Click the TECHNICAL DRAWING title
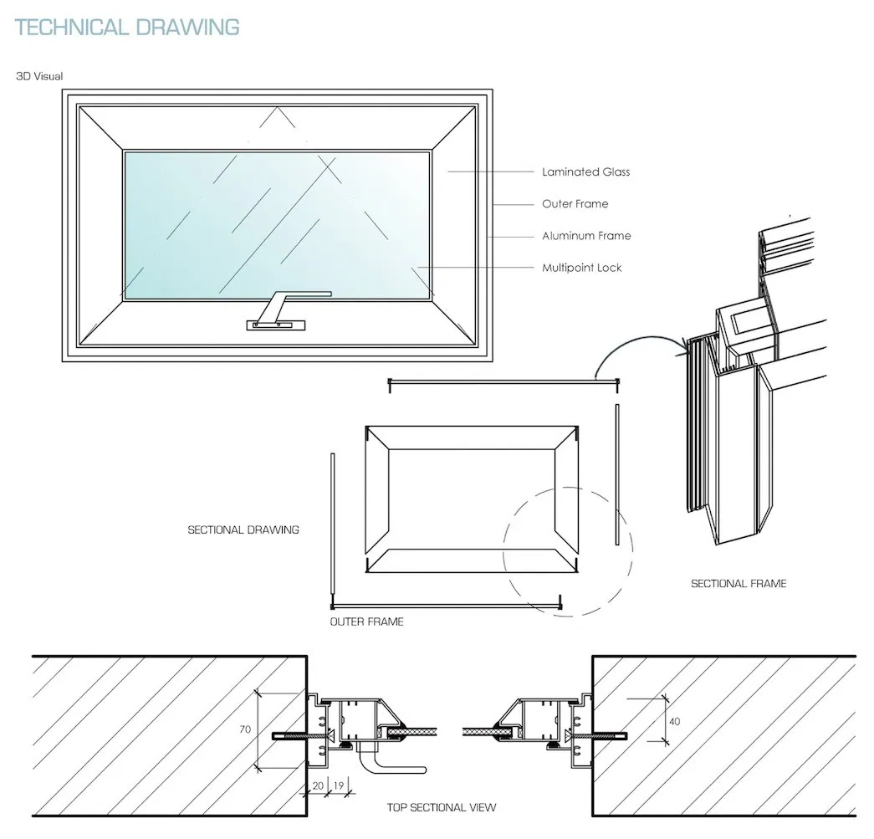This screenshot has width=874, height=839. [x=128, y=27]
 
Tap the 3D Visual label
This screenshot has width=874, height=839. [x=39, y=76]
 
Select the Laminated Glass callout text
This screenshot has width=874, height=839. [x=585, y=172]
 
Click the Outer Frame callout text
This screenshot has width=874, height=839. [x=575, y=204]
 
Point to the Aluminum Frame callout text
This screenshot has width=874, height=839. [x=585, y=236]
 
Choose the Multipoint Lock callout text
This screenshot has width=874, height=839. [x=581, y=268]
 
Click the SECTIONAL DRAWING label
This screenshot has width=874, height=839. [x=243, y=529]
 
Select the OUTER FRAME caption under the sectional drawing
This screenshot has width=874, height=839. [x=366, y=622]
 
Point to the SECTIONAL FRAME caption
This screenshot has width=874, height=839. [x=738, y=583]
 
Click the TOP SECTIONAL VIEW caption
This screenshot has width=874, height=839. [x=441, y=807]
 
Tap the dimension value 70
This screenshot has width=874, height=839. [x=245, y=729]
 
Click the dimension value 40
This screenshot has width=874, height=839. [x=673, y=719]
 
